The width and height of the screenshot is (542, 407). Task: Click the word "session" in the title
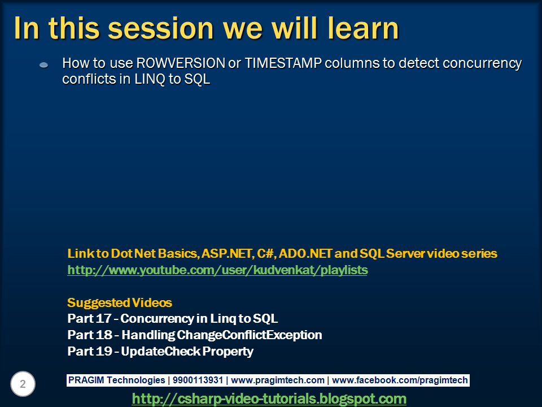coord(161,28)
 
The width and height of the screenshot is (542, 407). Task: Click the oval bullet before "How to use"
coord(44,64)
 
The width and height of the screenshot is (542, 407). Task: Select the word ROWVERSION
coord(181,63)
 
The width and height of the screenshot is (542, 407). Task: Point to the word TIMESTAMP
coord(283,63)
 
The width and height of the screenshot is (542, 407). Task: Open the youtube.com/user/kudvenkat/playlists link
coord(217,270)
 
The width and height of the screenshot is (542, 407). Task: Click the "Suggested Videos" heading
coord(120,303)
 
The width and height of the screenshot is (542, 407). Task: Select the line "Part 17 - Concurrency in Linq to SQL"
coord(173,319)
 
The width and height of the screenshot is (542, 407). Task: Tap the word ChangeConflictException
coord(249,335)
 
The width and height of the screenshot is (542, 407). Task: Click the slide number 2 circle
coord(23,384)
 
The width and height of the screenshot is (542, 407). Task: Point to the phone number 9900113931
coord(198,380)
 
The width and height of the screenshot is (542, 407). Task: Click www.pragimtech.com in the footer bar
coord(278,380)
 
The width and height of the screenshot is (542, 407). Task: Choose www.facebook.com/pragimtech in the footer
coord(400,380)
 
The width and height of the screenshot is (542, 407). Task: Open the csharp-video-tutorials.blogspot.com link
coord(269,399)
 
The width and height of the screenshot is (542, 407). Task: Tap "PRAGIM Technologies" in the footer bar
coord(116,380)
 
